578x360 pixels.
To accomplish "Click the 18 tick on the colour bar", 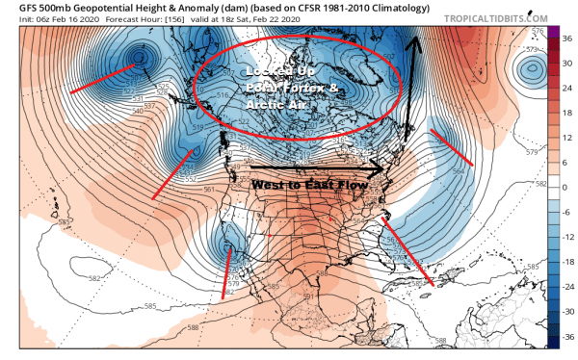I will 566,114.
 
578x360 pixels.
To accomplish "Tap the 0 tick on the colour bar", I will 566,189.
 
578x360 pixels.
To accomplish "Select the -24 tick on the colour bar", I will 566,289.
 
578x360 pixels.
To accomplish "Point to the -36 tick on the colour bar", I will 566,339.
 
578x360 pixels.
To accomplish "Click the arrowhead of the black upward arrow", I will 417,40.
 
